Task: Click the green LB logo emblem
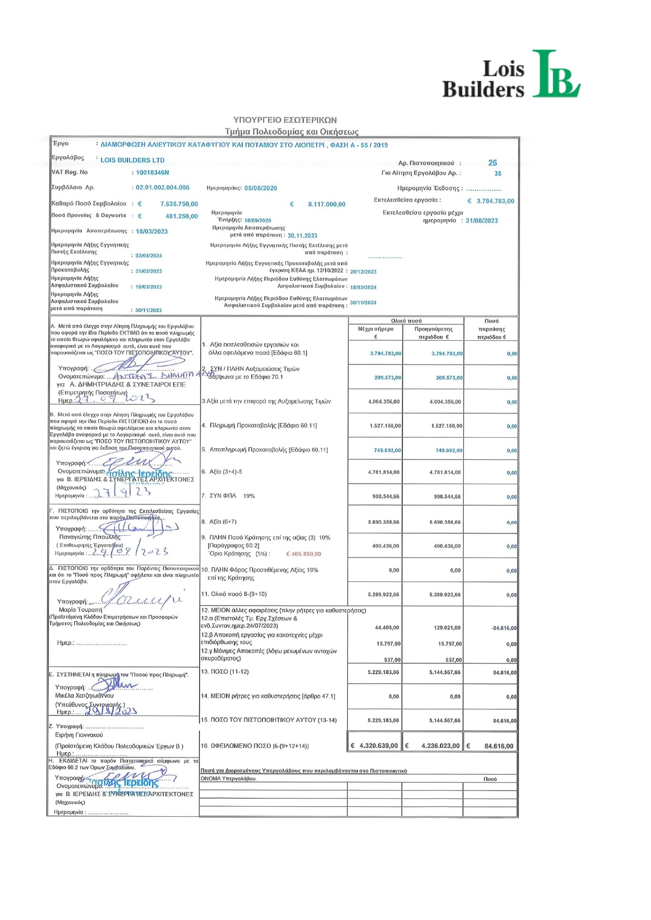(x=555, y=74)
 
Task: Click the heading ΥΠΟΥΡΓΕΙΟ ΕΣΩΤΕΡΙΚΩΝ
(x=285, y=120)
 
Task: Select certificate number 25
(x=492, y=163)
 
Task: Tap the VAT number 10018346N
(x=152, y=172)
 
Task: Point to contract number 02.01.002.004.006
(x=163, y=187)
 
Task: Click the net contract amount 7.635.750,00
(x=179, y=204)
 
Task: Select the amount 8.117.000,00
(x=326, y=204)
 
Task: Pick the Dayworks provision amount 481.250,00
(x=182, y=216)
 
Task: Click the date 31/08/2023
(x=482, y=221)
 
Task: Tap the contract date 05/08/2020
(x=261, y=188)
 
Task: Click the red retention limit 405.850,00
(x=304, y=554)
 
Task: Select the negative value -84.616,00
(x=504, y=628)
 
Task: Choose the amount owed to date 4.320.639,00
(x=378, y=746)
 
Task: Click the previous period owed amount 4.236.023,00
(x=440, y=746)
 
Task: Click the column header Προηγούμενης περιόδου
(x=433, y=333)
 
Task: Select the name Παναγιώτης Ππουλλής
(x=90, y=537)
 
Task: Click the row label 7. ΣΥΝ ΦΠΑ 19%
(x=228, y=496)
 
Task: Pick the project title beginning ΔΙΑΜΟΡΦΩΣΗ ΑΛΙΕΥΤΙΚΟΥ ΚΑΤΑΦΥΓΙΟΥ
(x=244, y=145)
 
